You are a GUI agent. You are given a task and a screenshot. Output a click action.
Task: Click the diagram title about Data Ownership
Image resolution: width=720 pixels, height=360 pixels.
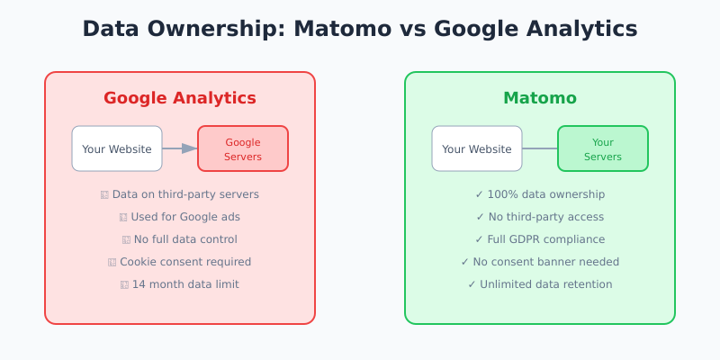point(360,29)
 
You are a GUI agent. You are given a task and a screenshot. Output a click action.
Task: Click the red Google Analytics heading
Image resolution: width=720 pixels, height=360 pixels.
point(180,98)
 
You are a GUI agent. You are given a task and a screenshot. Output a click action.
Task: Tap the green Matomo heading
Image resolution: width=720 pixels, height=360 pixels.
point(540,98)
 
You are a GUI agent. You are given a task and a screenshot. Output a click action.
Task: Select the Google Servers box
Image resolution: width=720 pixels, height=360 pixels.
point(243,148)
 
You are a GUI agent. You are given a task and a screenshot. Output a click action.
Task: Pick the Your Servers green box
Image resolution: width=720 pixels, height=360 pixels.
point(603,148)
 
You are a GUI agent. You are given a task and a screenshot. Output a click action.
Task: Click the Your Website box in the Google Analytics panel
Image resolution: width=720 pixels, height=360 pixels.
point(117,148)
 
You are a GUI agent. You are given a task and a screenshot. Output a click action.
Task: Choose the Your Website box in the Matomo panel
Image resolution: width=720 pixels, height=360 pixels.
point(477,148)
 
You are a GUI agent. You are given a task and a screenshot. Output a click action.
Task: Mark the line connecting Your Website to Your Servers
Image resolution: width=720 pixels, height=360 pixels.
point(540,148)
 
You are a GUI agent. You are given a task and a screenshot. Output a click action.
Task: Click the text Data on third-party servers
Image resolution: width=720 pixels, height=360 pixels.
point(185,194)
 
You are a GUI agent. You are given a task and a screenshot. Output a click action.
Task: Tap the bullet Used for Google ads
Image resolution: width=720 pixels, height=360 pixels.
point(185,217)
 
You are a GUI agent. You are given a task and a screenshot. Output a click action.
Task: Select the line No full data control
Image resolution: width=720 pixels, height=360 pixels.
point(185,239)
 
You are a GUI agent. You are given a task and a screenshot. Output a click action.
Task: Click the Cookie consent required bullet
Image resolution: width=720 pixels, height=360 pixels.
point(185,262)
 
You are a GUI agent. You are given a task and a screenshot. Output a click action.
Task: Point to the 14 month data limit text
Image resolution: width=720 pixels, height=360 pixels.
point(185,284)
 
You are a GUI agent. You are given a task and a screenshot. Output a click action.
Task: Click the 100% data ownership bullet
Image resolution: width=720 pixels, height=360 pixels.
point(545,194)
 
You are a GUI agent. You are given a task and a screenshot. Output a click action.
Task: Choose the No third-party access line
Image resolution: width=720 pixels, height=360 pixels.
point(545,217)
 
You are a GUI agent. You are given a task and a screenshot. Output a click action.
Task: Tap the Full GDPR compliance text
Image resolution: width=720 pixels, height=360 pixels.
point(545,239)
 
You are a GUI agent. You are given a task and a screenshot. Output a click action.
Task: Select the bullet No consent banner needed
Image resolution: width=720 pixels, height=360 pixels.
point(545,262)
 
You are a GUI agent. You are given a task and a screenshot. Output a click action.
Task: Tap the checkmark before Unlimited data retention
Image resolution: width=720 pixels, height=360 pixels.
point(472,284)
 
